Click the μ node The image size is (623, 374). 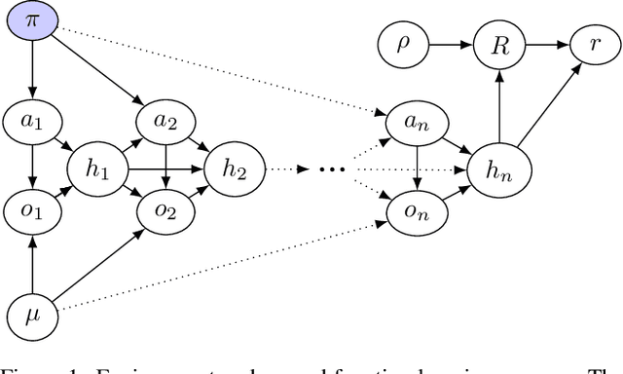pyautogui.click(x=31, y=315)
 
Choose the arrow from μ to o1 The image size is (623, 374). pyautogui.click(x=31, y=263)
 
